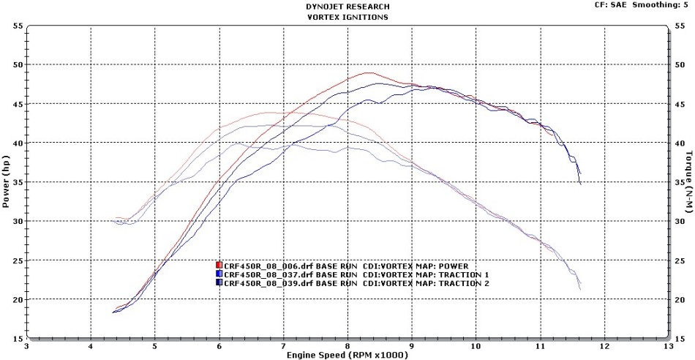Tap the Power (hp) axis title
point(7,182)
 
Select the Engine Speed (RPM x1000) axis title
point(348,354)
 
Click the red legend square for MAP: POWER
point(219,265)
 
